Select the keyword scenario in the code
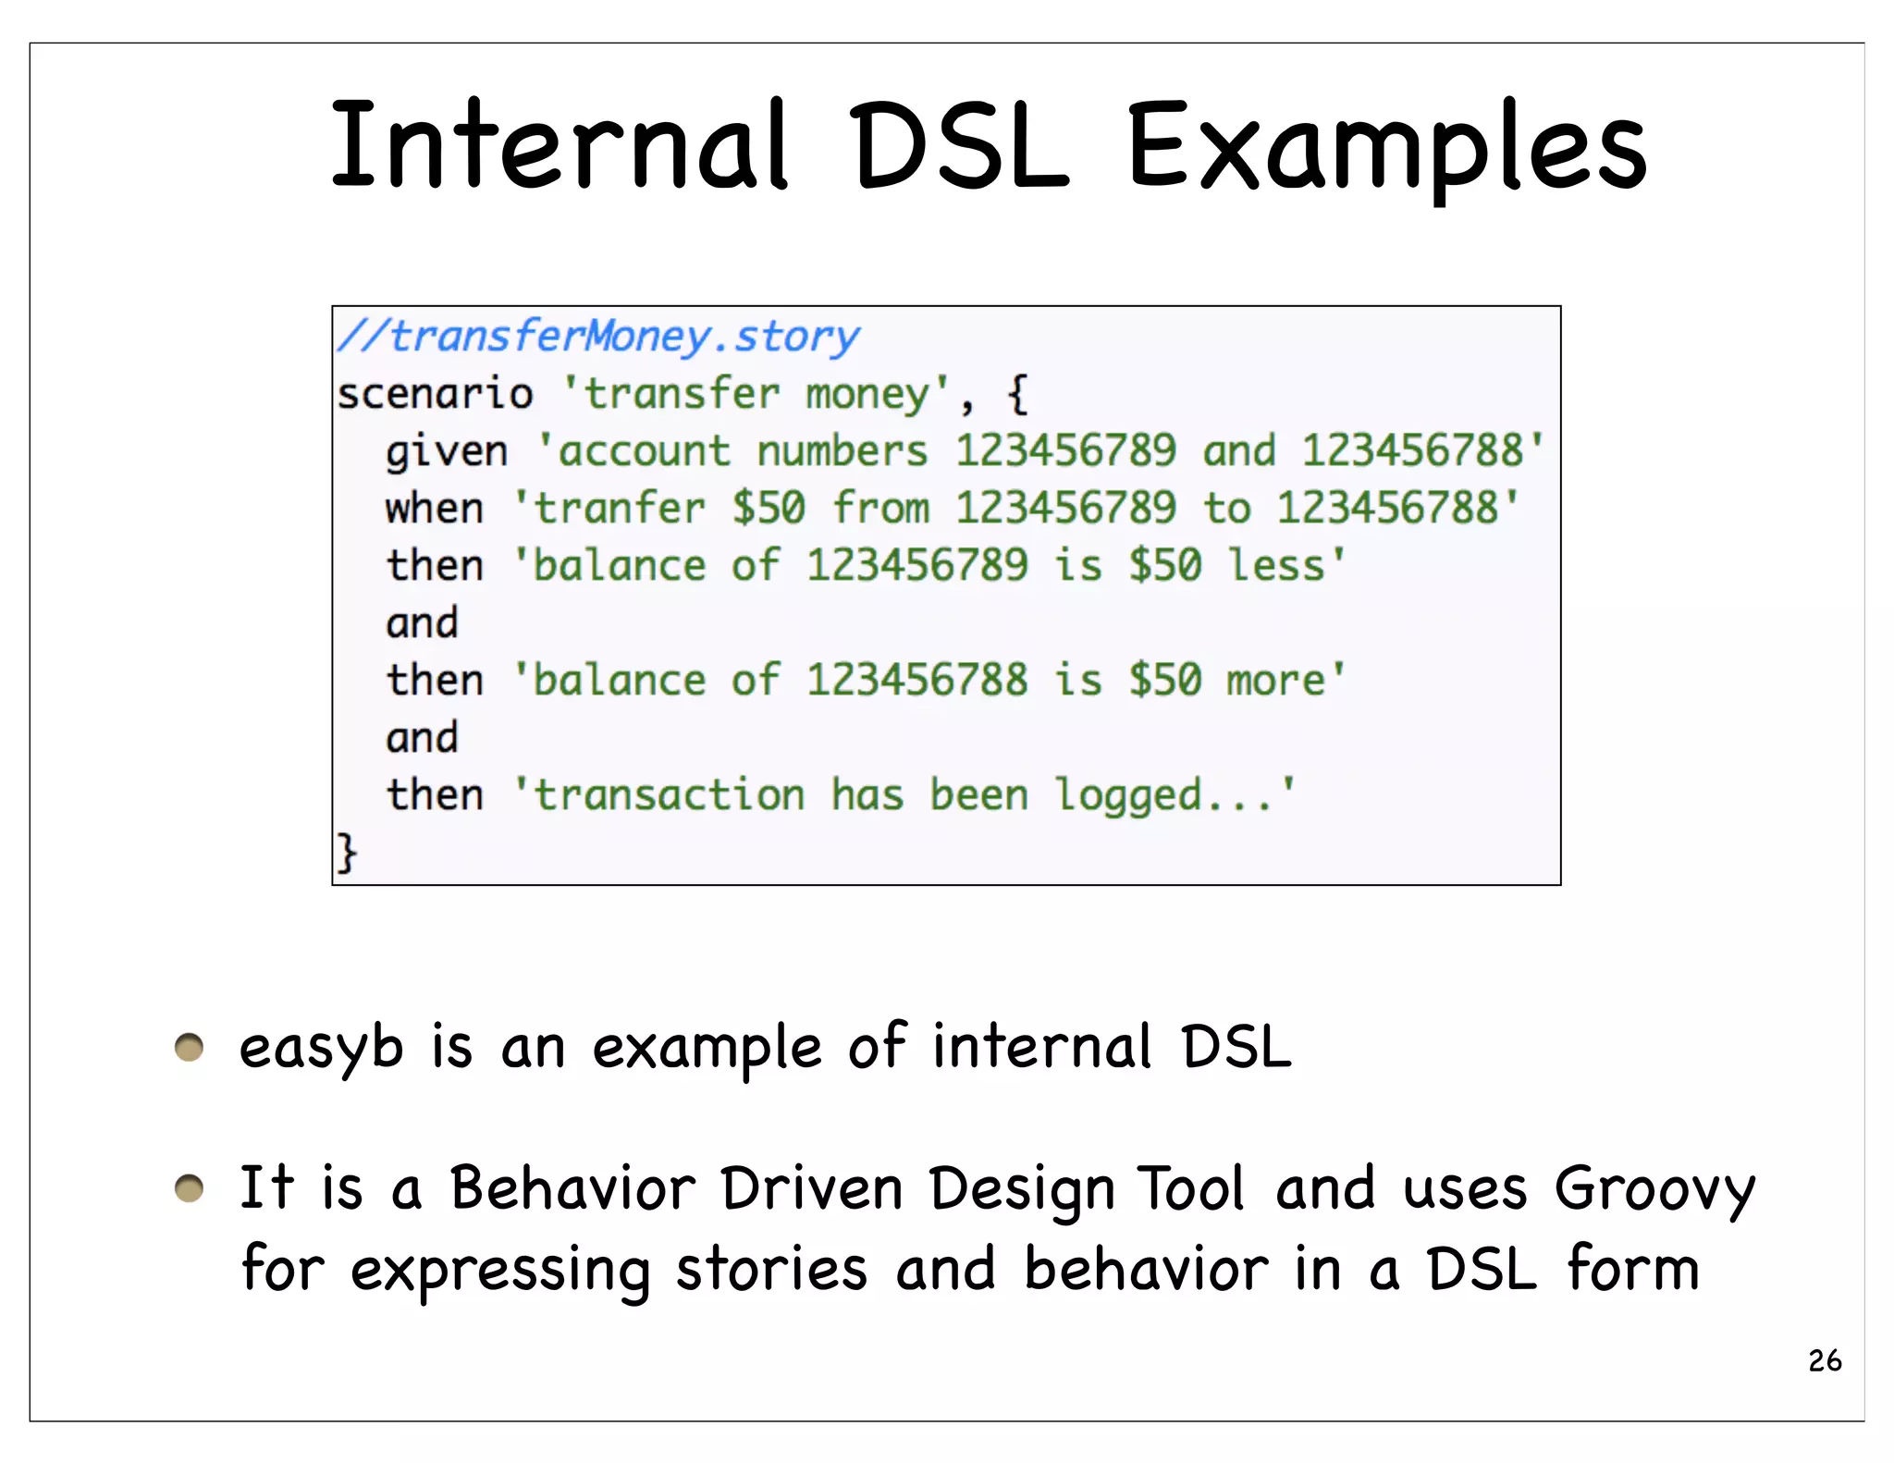(x=435, y=395)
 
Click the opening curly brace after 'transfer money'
(x=1016, y=395)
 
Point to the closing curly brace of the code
(x=346, y=852)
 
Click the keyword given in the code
(x=447, y=452)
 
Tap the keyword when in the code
(x=435, y=510)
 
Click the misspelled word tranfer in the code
(x=620, y=510)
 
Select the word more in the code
(x=1276, y=682)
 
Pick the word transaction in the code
(x=670, y=796)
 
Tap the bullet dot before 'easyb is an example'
(x=189, y=1048)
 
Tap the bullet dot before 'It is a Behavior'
(x=189, y=1188)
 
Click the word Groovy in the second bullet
(x=1654, y=1190)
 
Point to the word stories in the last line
(x=771, y=1270)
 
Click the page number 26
(x=1825, y=1361)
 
